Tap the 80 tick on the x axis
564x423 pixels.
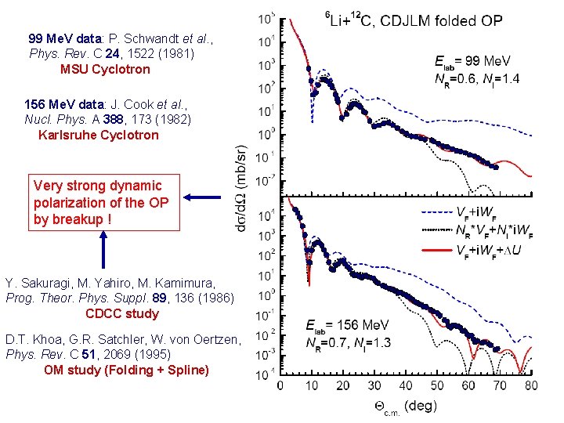pos(532,386)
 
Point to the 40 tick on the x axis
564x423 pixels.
pos(405,386)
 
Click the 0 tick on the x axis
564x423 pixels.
pos(280,386)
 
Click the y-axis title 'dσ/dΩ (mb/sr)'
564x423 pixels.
pos(244,187)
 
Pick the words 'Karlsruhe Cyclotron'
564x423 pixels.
pos(98,135)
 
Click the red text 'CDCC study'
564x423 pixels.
pos(121,313)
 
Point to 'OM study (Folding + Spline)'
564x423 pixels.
pos(126,369)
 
